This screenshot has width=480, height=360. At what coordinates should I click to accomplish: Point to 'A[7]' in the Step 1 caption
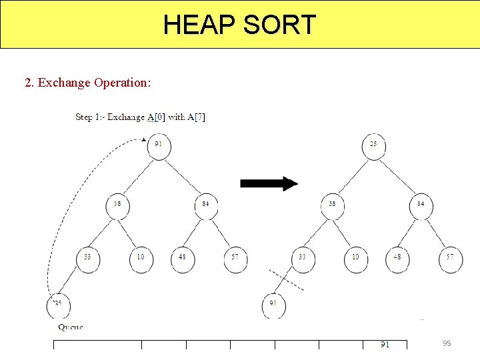tap(196, 117)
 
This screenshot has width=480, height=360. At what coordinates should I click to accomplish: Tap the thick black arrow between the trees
tap(269, 183)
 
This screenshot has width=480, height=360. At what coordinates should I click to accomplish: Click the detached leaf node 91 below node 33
tap(273, 305)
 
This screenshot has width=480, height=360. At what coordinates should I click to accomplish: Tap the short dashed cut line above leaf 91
tap(287, 281)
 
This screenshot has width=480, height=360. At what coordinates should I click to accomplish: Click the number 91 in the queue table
tap(385, 344)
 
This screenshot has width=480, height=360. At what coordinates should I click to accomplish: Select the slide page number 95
tap(447, 343)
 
